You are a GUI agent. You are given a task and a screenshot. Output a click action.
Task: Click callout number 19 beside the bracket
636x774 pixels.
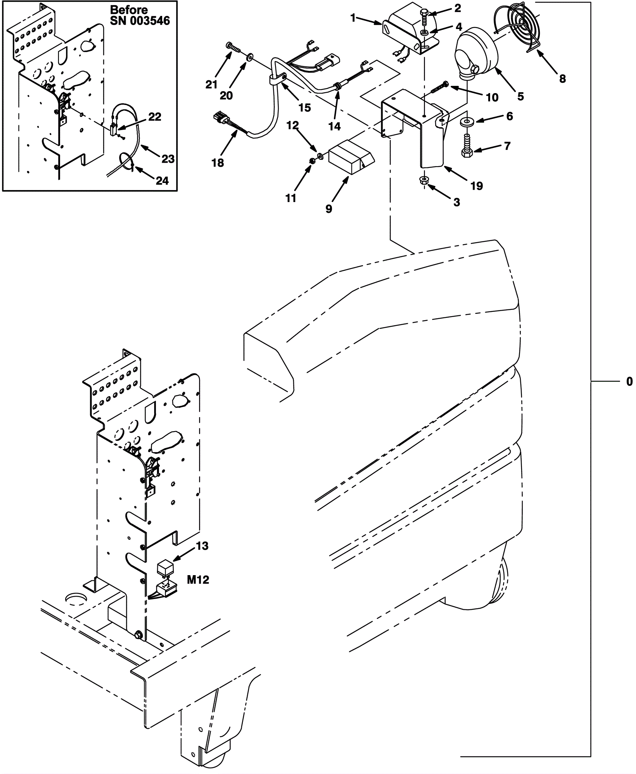point(476,185)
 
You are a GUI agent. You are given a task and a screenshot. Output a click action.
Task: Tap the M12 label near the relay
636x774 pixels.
point(198,580)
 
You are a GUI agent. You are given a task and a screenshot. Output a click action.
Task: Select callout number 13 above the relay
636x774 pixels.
point(202,546)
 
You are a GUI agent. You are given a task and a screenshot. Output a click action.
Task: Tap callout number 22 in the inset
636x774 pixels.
point(155,117)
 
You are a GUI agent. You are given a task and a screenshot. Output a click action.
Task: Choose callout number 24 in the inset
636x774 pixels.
point(162,181)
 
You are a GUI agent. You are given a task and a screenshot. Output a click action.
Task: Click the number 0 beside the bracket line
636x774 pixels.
point(629,381)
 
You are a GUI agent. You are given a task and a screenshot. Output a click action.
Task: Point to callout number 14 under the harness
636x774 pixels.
point(334,126)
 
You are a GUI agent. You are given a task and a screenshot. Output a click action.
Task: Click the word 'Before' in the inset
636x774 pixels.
point(129,9)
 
